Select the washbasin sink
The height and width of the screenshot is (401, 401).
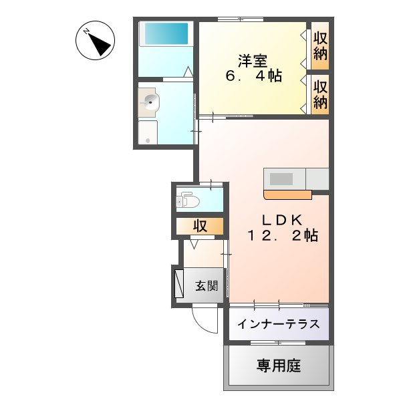(x=150, y=102)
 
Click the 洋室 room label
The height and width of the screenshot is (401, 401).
(x=253, y=60)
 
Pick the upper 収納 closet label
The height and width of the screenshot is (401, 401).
(x=320, y=45)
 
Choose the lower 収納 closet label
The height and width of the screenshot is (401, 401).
(x=320, y=94)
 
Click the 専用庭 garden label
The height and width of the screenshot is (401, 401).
(x=279, y=366)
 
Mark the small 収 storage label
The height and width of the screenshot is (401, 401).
(x=200, y=227)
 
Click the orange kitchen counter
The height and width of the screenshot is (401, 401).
(x=288, y=194)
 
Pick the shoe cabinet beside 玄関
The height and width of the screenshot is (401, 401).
(x=178, y=283)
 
